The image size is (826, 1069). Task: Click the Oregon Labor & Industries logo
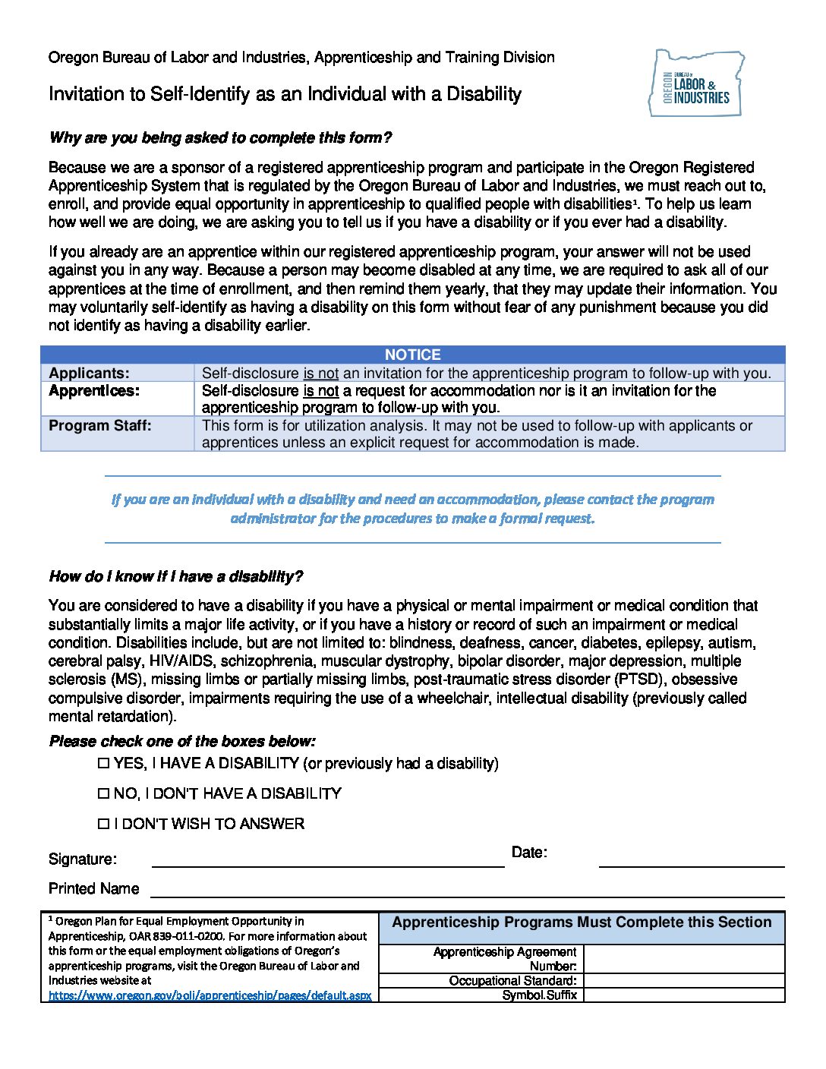coord(696,84)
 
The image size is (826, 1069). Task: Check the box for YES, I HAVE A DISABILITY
coord(104,763)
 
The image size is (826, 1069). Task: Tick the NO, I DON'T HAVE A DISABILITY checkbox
coord(104,793)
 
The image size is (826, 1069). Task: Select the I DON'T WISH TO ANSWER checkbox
coord(104,824)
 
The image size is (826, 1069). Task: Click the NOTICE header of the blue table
coord(412,355)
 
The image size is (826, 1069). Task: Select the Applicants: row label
coord(89,373)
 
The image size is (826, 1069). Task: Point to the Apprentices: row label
coord(94,391)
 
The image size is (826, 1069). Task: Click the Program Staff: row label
coord(100,426)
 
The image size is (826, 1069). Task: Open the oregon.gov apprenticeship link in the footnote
coord(210,995)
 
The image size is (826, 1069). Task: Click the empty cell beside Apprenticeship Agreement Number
coord(683,959)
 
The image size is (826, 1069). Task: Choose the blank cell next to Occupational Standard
coord(683,980)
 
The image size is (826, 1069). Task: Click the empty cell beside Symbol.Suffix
coord(683,995)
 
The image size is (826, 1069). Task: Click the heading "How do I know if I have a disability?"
coord(175,576)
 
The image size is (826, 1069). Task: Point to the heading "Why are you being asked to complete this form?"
coord(220,137)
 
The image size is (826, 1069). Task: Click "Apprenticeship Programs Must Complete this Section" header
coord(582,922)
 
